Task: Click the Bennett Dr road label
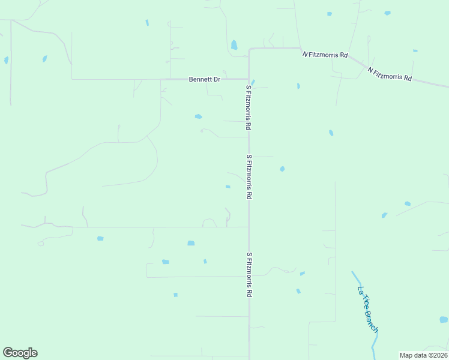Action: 205,79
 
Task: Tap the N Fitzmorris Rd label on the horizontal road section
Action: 325,55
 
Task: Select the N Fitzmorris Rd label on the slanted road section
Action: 390,74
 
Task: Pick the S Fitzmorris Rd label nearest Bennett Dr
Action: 247,107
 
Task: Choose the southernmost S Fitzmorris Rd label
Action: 249,274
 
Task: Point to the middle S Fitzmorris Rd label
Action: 249,177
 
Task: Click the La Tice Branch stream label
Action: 368,309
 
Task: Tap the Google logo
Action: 20,352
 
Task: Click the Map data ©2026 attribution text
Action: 423,355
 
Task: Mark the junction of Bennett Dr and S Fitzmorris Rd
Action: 249,79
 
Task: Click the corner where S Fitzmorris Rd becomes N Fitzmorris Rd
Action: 250,49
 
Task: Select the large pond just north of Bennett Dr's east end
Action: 234,44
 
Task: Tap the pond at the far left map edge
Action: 6,61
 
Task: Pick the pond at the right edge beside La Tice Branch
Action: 443,320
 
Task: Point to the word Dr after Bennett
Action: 217,79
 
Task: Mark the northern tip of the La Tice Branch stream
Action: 353,272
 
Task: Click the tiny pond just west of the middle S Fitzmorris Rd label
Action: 228,187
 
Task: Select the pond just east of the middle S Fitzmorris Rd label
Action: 282,169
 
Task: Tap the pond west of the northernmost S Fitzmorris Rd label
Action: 198,116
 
